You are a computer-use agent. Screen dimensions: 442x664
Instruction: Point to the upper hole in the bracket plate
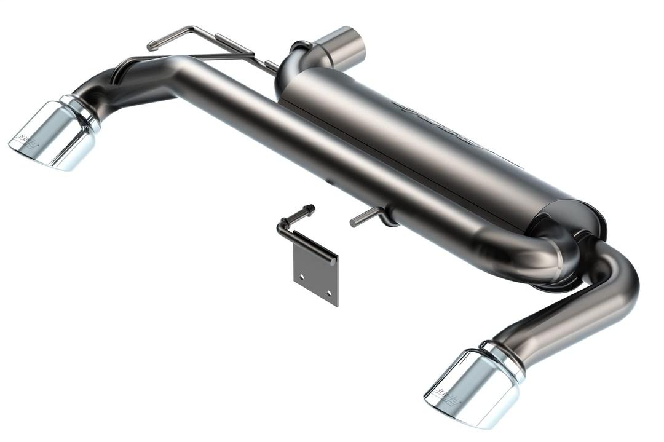[301, 277]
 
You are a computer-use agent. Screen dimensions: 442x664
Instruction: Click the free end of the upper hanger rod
[151, 45]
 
